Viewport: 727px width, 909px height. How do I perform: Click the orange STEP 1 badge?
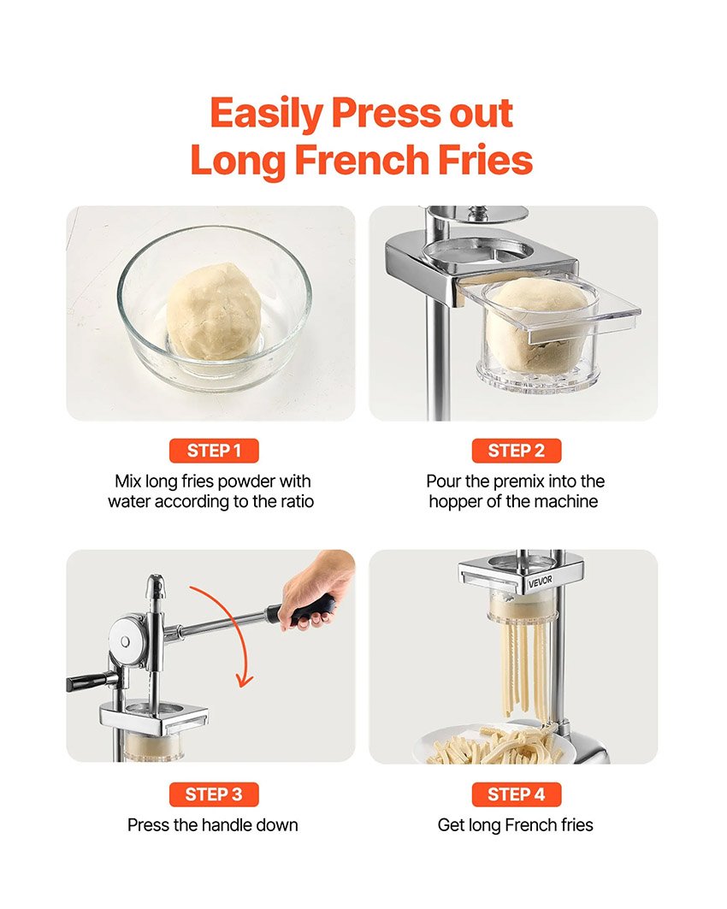pos(214,451)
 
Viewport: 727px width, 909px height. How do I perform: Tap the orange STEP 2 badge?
pos(516,451)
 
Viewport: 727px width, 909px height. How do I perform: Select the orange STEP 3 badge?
pos(214,794)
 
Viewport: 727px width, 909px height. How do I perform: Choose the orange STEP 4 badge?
pos(516,794)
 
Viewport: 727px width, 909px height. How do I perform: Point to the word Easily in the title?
pos(266,113)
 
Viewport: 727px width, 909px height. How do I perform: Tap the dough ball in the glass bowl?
pos(208,310)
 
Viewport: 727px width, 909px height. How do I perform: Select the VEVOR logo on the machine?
pos(541,581)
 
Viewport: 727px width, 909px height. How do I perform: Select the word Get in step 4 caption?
pos(451,825)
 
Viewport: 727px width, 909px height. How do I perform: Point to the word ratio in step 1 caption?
pos(295,502)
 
